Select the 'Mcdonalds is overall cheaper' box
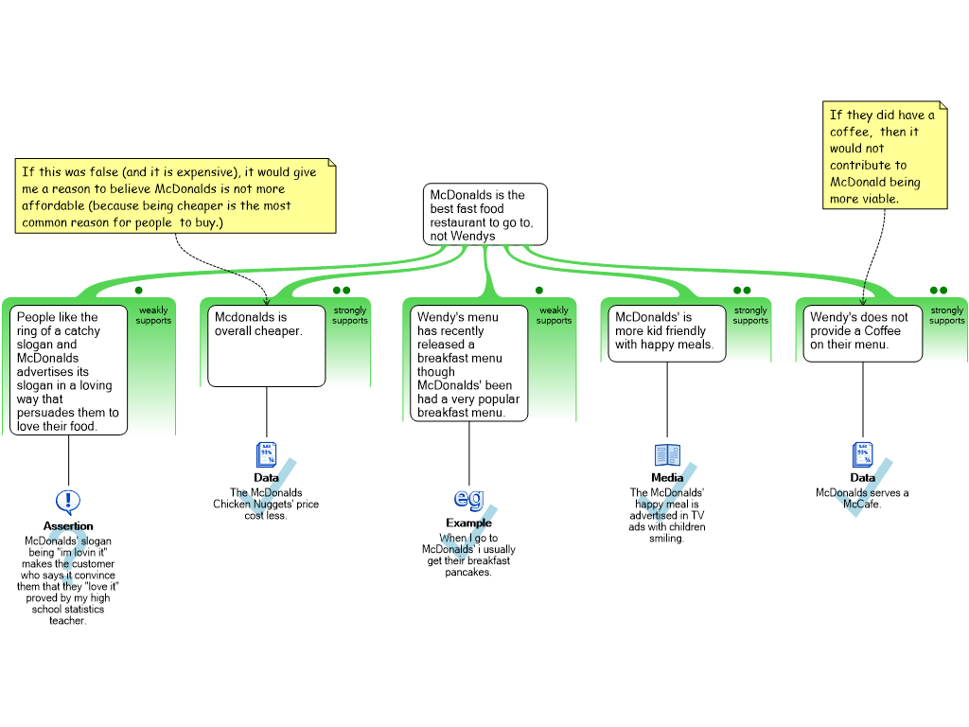266,346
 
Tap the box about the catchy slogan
69,370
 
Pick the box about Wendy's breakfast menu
468,363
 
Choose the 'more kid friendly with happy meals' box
664,333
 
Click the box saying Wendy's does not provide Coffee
858,333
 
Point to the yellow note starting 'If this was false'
176,197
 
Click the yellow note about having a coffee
884,156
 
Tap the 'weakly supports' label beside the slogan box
153,315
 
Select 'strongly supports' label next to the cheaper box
350,315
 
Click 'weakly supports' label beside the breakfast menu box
554,315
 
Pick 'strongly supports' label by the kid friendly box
750,315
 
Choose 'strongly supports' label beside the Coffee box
946,315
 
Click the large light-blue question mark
67,556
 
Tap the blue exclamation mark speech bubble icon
68,502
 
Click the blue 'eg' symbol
469,498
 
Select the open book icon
667,455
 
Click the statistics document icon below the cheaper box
267,454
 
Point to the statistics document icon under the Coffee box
863,454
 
